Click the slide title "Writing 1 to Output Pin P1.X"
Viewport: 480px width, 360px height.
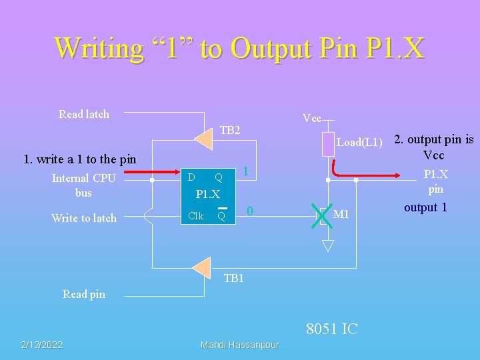[239, 48]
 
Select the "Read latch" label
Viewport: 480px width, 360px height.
[83, 114]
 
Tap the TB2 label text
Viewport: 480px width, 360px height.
[230, 130]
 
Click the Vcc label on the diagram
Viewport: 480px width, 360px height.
[312, 119]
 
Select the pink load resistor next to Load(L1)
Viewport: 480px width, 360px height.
[327, 144]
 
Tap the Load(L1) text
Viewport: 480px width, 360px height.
[359, 142]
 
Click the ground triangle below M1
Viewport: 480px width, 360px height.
[328, 245]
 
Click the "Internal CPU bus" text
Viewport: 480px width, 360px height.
[83, 185]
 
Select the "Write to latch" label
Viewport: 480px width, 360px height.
[83, 218]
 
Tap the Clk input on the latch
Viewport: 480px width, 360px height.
[195, 215]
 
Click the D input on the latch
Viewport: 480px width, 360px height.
[191, 177]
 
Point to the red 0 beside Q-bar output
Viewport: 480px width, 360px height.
[249, 211]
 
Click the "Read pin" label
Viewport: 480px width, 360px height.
[83, 294]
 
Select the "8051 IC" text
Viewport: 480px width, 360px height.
[331, 329]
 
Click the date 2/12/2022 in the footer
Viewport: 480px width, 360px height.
[41, 345]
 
